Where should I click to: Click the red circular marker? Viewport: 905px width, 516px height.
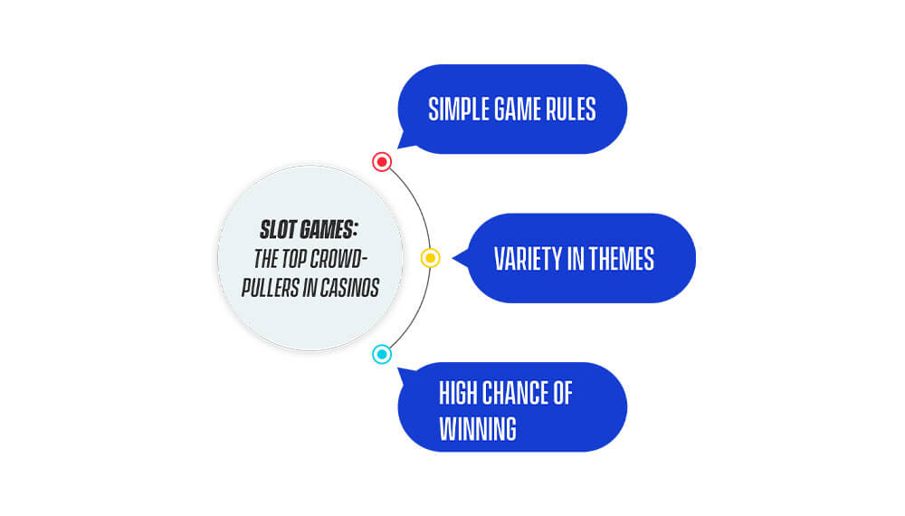pos(382,162)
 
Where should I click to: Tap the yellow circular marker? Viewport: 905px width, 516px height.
pos(430,257)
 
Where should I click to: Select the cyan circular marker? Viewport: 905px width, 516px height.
pos(382,354)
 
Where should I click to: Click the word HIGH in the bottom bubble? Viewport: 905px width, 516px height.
pos(458,394)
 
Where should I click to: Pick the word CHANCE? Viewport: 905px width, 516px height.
pos(515,394)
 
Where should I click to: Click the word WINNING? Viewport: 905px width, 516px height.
pos(478,429)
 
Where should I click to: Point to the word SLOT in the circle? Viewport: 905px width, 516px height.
pos(278,230)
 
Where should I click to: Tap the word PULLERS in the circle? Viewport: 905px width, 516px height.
pos(271,288)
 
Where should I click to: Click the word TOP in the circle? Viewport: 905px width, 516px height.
pos(294,259)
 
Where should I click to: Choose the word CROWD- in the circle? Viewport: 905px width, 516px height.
pos(339,259)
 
